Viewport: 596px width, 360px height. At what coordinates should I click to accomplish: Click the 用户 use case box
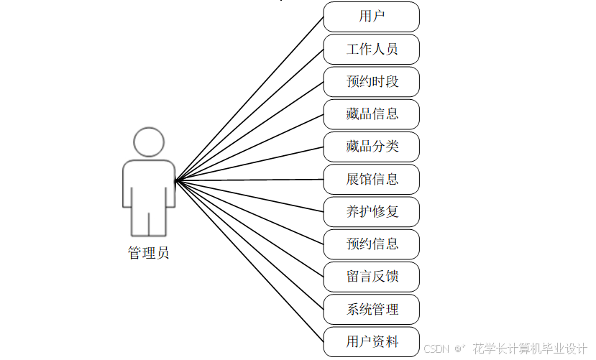pos(371,17)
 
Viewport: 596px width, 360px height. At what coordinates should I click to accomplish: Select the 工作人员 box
pos(371,50)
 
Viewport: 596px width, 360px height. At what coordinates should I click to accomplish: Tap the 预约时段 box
pos(371,82)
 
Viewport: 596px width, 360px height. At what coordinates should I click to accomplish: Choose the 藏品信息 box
pos(371,114)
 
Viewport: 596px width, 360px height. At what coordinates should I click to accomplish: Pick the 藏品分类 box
pos(371,147)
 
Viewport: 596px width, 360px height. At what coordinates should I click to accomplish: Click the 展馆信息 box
pos(371,179)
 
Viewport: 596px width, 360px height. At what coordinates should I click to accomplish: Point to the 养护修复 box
pos(371,211)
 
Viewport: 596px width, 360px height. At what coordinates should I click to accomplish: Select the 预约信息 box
pos(371,244)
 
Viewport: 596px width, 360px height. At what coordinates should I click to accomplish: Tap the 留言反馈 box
pos(371,277)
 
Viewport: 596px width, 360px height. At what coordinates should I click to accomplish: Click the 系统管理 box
pos(371,309)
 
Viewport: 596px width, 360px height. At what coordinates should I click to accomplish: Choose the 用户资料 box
pos(371,341)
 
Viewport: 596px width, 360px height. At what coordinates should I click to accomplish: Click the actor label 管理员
pos(149,253)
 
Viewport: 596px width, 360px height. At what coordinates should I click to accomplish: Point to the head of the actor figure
pos(149,142)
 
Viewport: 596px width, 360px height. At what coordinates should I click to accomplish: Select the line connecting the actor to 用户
pos(249,98)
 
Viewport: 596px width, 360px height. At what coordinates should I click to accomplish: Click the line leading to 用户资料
pos(249,261)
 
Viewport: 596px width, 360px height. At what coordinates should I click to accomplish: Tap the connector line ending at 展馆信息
pos(249,179)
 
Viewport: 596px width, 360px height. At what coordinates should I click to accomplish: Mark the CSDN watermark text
pos(436,349)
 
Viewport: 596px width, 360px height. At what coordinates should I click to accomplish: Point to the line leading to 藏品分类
pos(249,163)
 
